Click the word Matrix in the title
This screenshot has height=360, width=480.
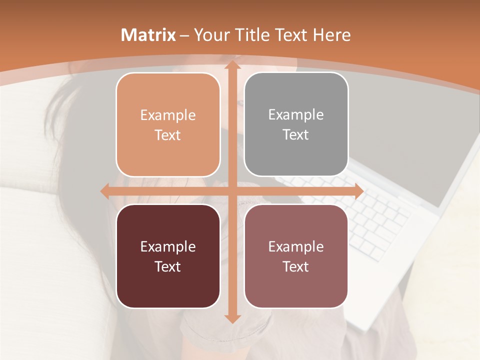pos(148,35)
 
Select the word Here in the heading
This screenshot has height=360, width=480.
pos(331,35)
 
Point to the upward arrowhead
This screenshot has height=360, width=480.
pos(231,65)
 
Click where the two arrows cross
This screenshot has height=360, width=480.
pos(231,191)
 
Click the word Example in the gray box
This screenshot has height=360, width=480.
pos(296,115)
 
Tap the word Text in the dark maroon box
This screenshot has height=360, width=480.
pos(168,266)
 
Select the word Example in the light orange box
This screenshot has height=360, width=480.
pos(168,115)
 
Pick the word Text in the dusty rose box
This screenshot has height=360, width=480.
pos(296,266)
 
